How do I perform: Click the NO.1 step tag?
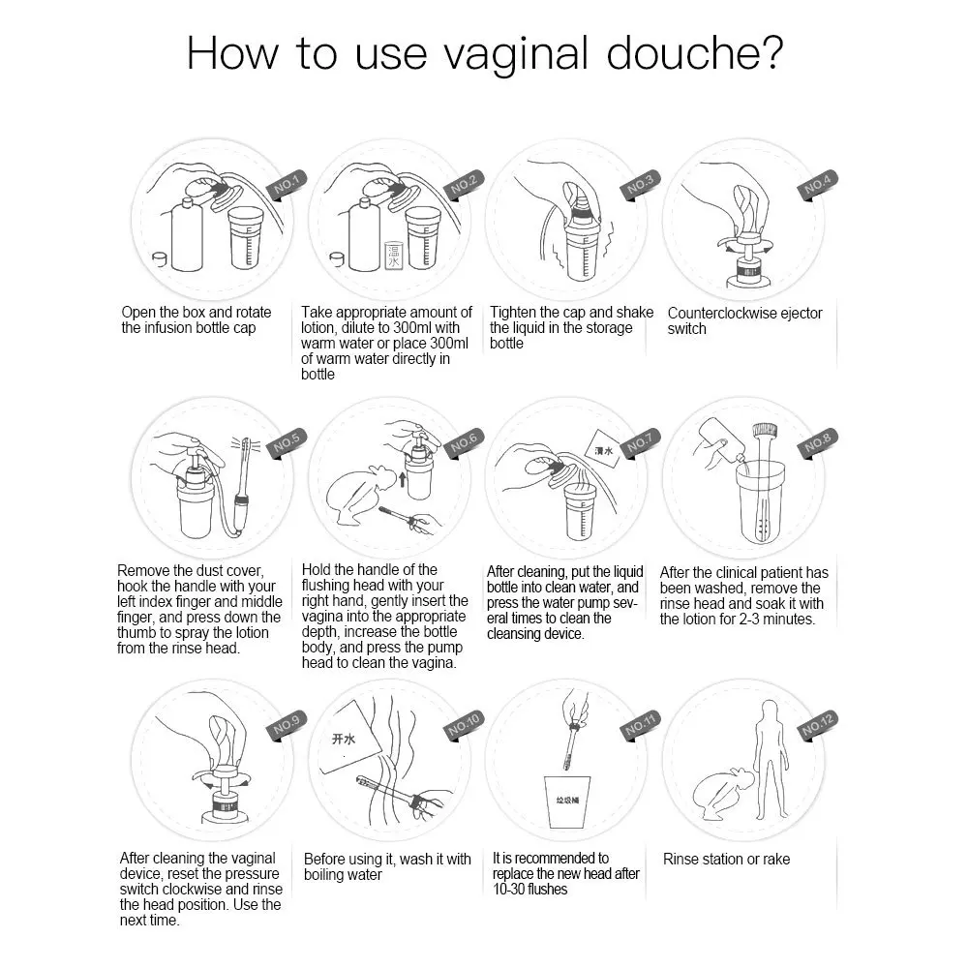[287, 184]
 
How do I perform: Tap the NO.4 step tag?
[817, 184]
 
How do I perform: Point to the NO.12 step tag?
[817, 725]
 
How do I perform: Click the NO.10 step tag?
[464, 725]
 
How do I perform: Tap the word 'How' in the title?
[232, 53]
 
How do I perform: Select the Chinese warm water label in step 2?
[393, 256]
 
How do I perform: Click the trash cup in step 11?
[566, 802]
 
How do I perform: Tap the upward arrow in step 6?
[403, 478]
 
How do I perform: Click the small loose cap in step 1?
[160, 258]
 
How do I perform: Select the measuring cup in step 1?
[246, 238]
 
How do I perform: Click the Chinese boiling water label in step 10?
[344, 739]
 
